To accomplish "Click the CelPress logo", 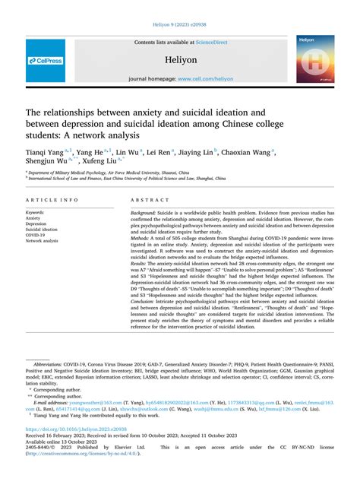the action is pyautogui.click(x=45, y=62).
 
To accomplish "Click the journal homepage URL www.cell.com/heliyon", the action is pyautogui.click(x=204, y=78).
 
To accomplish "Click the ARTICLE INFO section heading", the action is pyautogui.click(x=52, y=200).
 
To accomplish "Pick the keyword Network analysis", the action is pyautogui.click(x=42, y=241).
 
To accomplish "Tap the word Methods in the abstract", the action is pyautogui.click(x=141, y=238).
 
